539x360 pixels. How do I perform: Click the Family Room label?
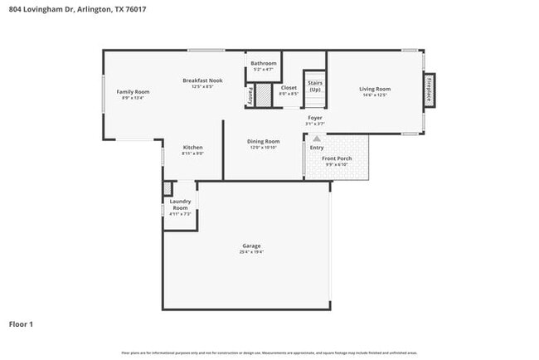point(133,91)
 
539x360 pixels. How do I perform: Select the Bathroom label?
point(264,63)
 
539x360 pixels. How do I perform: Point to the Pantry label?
point(250,96)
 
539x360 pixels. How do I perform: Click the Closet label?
point(289,87)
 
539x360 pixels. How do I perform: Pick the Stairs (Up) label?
point(315,85)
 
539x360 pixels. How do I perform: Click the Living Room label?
point(375,89)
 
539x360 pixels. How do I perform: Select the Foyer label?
point(315,118)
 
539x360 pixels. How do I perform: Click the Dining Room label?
point(263,142)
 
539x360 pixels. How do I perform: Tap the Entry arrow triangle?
point(316,138)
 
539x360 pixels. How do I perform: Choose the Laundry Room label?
point(181,204)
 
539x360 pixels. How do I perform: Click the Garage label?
point(251,246)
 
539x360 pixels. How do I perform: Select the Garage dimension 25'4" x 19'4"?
point(251,252)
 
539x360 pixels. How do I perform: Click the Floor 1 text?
point(21,324)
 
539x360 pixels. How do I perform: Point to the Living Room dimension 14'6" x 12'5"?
point(375,95)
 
